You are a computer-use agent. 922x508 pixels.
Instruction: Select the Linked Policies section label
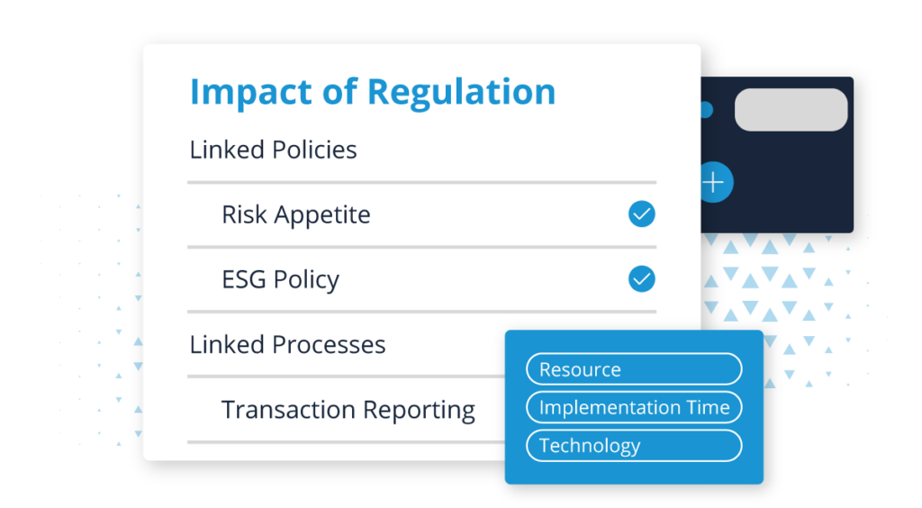(x=273, y=150)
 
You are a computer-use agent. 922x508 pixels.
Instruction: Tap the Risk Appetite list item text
(x=295, y=215)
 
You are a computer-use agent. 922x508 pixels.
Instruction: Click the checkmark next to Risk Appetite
(x=641, y=214)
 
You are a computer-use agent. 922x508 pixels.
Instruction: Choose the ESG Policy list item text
(x=280, y=280)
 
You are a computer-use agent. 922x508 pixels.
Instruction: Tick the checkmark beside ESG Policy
(x=641, y=279)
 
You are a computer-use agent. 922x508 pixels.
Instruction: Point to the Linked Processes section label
(x=287, y=345)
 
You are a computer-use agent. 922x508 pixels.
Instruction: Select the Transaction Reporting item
(x=348, y=410)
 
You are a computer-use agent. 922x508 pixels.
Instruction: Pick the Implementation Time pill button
(x=634, y=407)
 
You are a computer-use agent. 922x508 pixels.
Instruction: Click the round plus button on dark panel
(x=714, y=183)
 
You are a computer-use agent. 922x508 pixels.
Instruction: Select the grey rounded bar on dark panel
(x=791, y=110)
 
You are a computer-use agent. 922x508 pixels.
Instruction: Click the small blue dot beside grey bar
(x=706, y=110)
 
